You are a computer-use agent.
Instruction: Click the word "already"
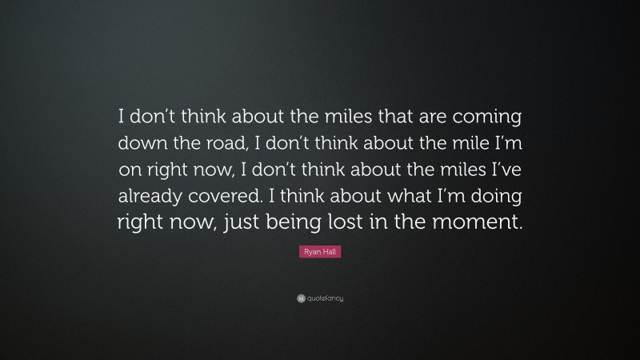(x=153, y=196)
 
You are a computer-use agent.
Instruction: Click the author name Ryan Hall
(x=320, y=252)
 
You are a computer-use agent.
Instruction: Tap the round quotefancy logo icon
(x=300, y=298)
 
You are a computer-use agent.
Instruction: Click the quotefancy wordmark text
(x=325, y=298)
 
